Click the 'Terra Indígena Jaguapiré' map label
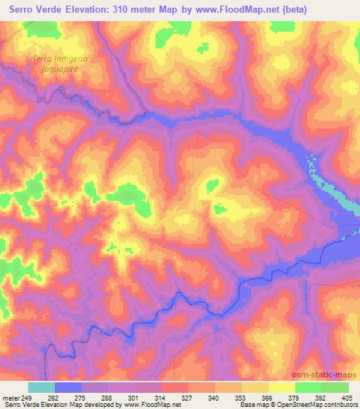[x=53, y=65]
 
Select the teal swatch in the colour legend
[x=41, y=387]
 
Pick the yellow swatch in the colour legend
[x=281, y=387]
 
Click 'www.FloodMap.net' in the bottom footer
[x=143, y=405]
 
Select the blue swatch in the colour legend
[x=68, y=387]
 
